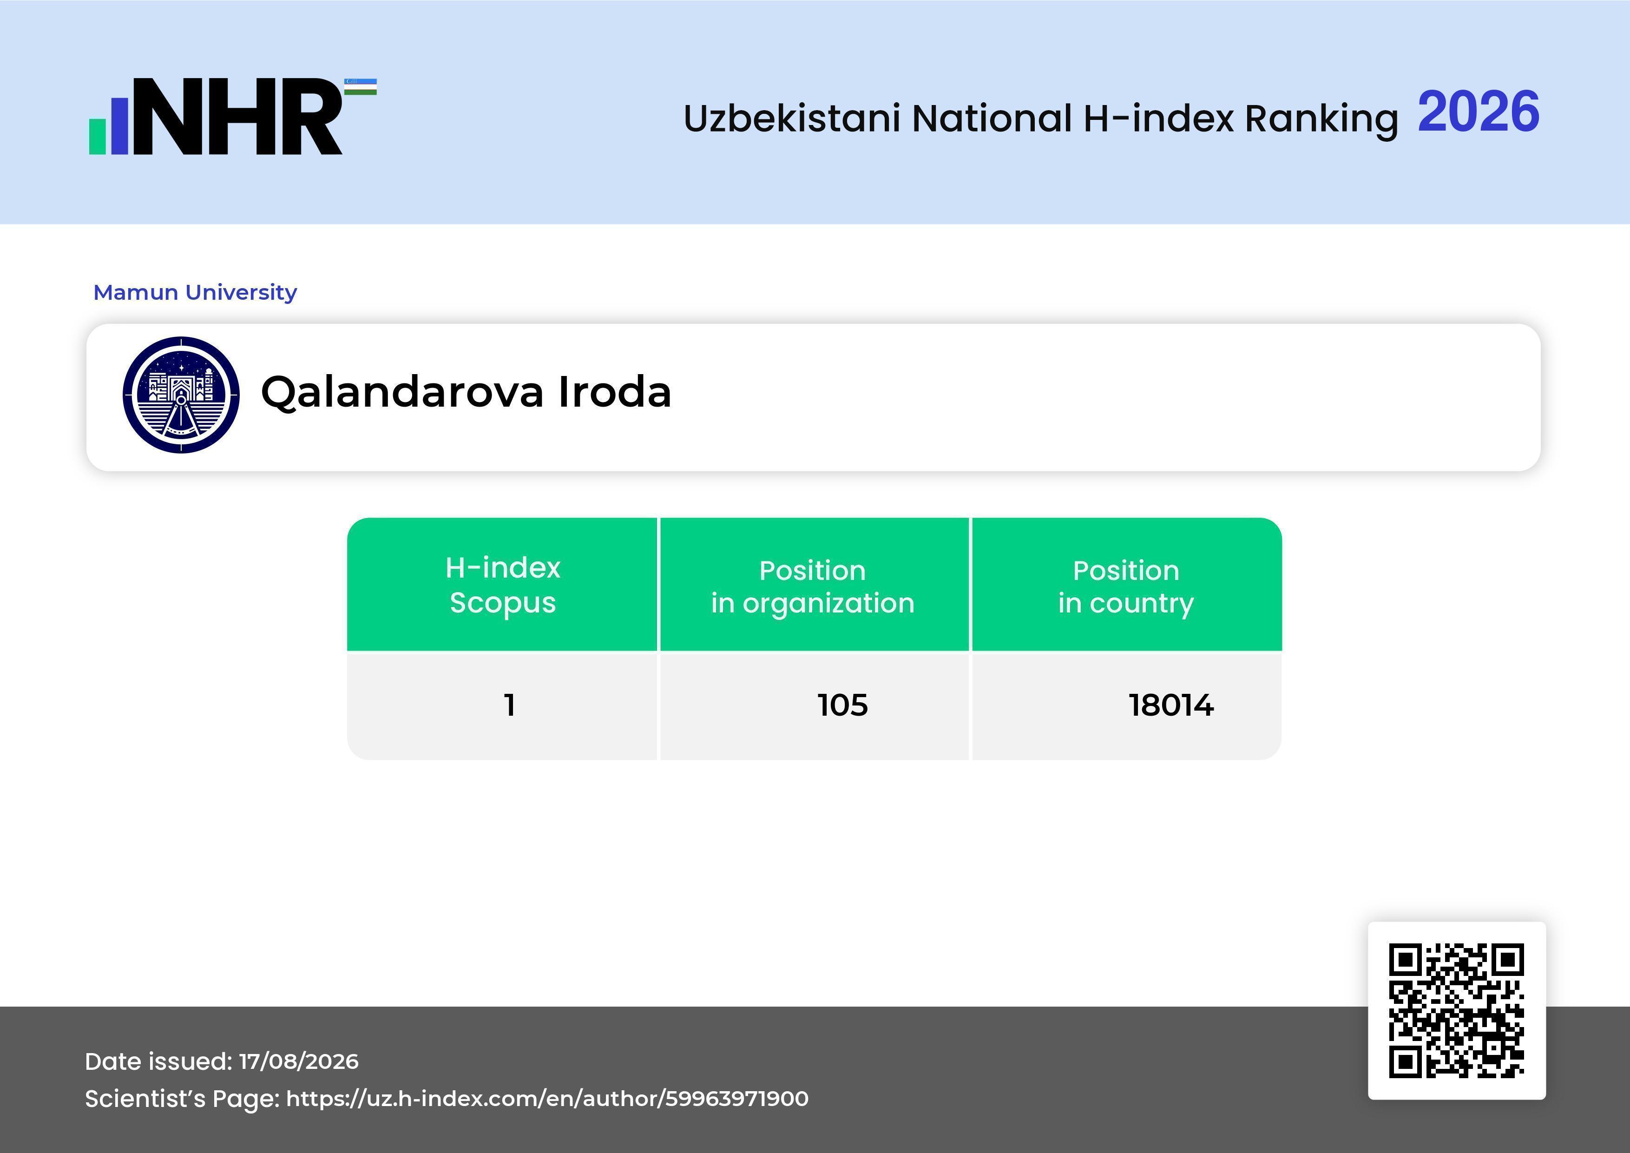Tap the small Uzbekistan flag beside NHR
[x=361, y=86]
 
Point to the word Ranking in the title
[x=1321, y=119]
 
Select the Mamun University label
[x=195, y=292]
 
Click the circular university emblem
[x=181, y=395]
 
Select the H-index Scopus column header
[x=503, y=585]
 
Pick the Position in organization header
[x=813, y=586]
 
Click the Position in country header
[x=1126, y=586]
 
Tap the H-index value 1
[x=509, y=705]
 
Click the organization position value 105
[x=843, y=705]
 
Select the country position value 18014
[x=1171, y=705]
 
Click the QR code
[x=1457, y=1010]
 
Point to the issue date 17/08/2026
[x=299, y=1061]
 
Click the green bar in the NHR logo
[x=97, y=136]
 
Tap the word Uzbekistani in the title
[x=792, y=118]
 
